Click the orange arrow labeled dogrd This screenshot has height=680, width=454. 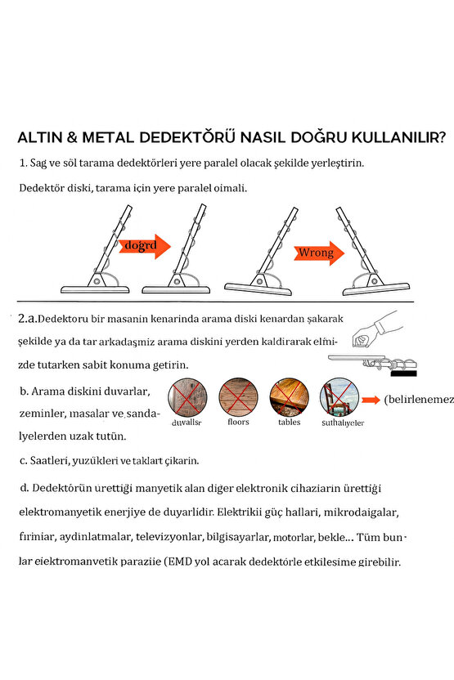click(x=145, y=244)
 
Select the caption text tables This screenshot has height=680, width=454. click(x=289, y=423)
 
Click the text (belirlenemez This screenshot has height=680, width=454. click(x=418, y=400)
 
